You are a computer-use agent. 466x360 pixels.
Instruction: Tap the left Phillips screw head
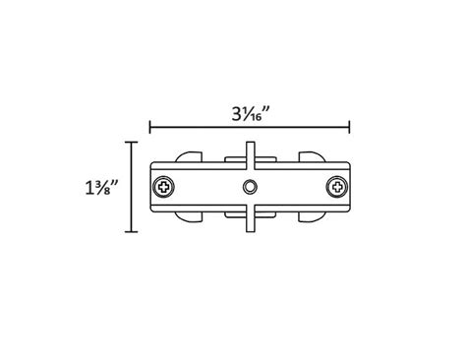(162, 185)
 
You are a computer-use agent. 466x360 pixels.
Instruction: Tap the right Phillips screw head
(338, 185)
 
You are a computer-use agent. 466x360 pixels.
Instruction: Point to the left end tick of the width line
(149, 126)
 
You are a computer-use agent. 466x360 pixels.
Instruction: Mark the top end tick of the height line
(131, 142)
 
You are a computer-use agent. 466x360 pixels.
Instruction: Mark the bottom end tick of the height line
(131, 232)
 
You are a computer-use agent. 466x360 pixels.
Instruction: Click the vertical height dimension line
(131, 187)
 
